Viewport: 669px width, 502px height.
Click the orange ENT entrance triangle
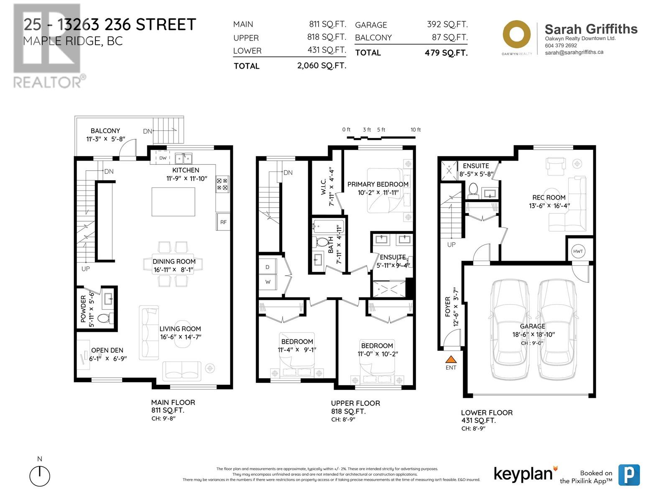[451, 359]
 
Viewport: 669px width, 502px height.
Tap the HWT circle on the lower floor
[577, 251]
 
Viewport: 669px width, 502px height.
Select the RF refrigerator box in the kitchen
[223, 222]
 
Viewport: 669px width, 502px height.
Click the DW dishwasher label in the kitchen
[163, 158]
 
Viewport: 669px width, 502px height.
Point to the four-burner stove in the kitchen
[222, 184]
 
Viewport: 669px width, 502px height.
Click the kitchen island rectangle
[173, 202]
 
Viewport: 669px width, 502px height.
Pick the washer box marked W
[268, 282]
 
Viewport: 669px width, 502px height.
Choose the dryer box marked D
[268, 267]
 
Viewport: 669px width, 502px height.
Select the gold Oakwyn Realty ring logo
[516, 34]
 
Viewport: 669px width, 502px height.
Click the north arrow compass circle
[40, 476]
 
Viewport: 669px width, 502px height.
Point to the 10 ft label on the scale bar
[416, 130]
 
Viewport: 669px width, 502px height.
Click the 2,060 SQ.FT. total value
[322, 66]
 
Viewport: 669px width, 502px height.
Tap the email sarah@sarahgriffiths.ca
[574, 52]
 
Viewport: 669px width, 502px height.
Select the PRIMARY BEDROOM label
[378, 184]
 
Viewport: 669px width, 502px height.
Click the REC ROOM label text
[549, 197]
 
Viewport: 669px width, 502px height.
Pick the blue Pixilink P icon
[629, 475]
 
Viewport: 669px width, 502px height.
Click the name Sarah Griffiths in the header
[591, 29]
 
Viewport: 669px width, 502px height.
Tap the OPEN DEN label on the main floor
[107, 350]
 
